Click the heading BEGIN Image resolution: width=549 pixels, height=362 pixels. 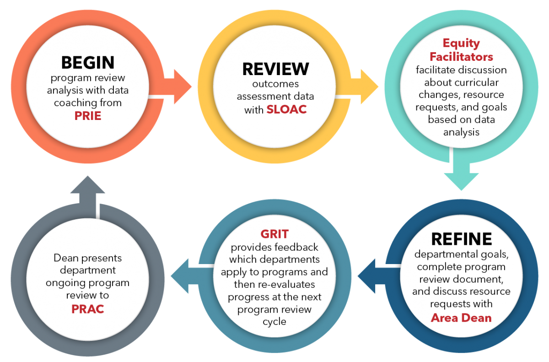[87, 62]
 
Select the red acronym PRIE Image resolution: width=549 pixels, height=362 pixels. [87, 116]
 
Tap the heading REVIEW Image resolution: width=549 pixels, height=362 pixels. [275, 68]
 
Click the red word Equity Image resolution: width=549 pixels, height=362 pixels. [461, 43]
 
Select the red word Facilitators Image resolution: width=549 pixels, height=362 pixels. [461, 57]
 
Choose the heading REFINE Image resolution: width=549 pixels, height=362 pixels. [461, 238]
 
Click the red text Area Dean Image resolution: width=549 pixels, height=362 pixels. [461, 317]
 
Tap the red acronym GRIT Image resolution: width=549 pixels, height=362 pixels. [274, 234]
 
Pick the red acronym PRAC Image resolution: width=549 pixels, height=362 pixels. [87, 309]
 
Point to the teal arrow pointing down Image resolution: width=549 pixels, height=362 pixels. [461, 176]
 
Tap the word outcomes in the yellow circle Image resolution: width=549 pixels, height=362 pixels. [275, 84]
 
